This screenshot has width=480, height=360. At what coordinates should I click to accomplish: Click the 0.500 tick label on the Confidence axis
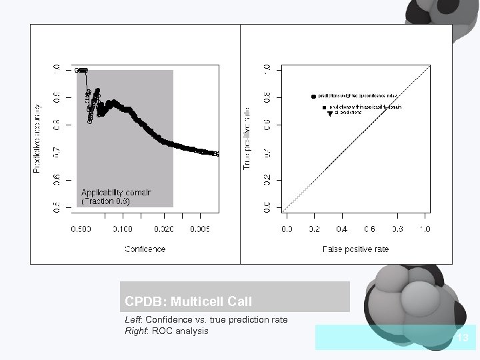click(81, 229)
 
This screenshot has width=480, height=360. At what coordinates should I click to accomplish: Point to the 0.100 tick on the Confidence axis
click(122, 229)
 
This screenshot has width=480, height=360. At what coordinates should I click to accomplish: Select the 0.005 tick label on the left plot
click(200, 229)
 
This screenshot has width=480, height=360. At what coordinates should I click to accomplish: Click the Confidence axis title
click(145, 249)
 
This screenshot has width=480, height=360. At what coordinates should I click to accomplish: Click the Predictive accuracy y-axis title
click(37, 139)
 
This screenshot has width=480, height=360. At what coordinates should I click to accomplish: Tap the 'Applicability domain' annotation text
click(116, 192)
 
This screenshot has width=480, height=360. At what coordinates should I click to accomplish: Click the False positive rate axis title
click(355, 249)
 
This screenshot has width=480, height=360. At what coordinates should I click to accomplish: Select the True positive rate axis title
click(247, 139)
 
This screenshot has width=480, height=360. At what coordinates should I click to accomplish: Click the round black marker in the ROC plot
click(314, 96)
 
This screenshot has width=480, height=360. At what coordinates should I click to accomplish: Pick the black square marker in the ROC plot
click(324, 107)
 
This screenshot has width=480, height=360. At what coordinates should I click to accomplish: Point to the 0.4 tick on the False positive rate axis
click(342, 229)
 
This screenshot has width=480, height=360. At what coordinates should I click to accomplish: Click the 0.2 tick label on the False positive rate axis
click(314, 229)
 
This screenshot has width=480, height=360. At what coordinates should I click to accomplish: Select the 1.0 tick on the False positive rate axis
click(425, 229)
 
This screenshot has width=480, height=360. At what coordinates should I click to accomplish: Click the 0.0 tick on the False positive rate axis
click(286, 229)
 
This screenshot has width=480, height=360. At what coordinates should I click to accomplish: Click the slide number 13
click(463, 338)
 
